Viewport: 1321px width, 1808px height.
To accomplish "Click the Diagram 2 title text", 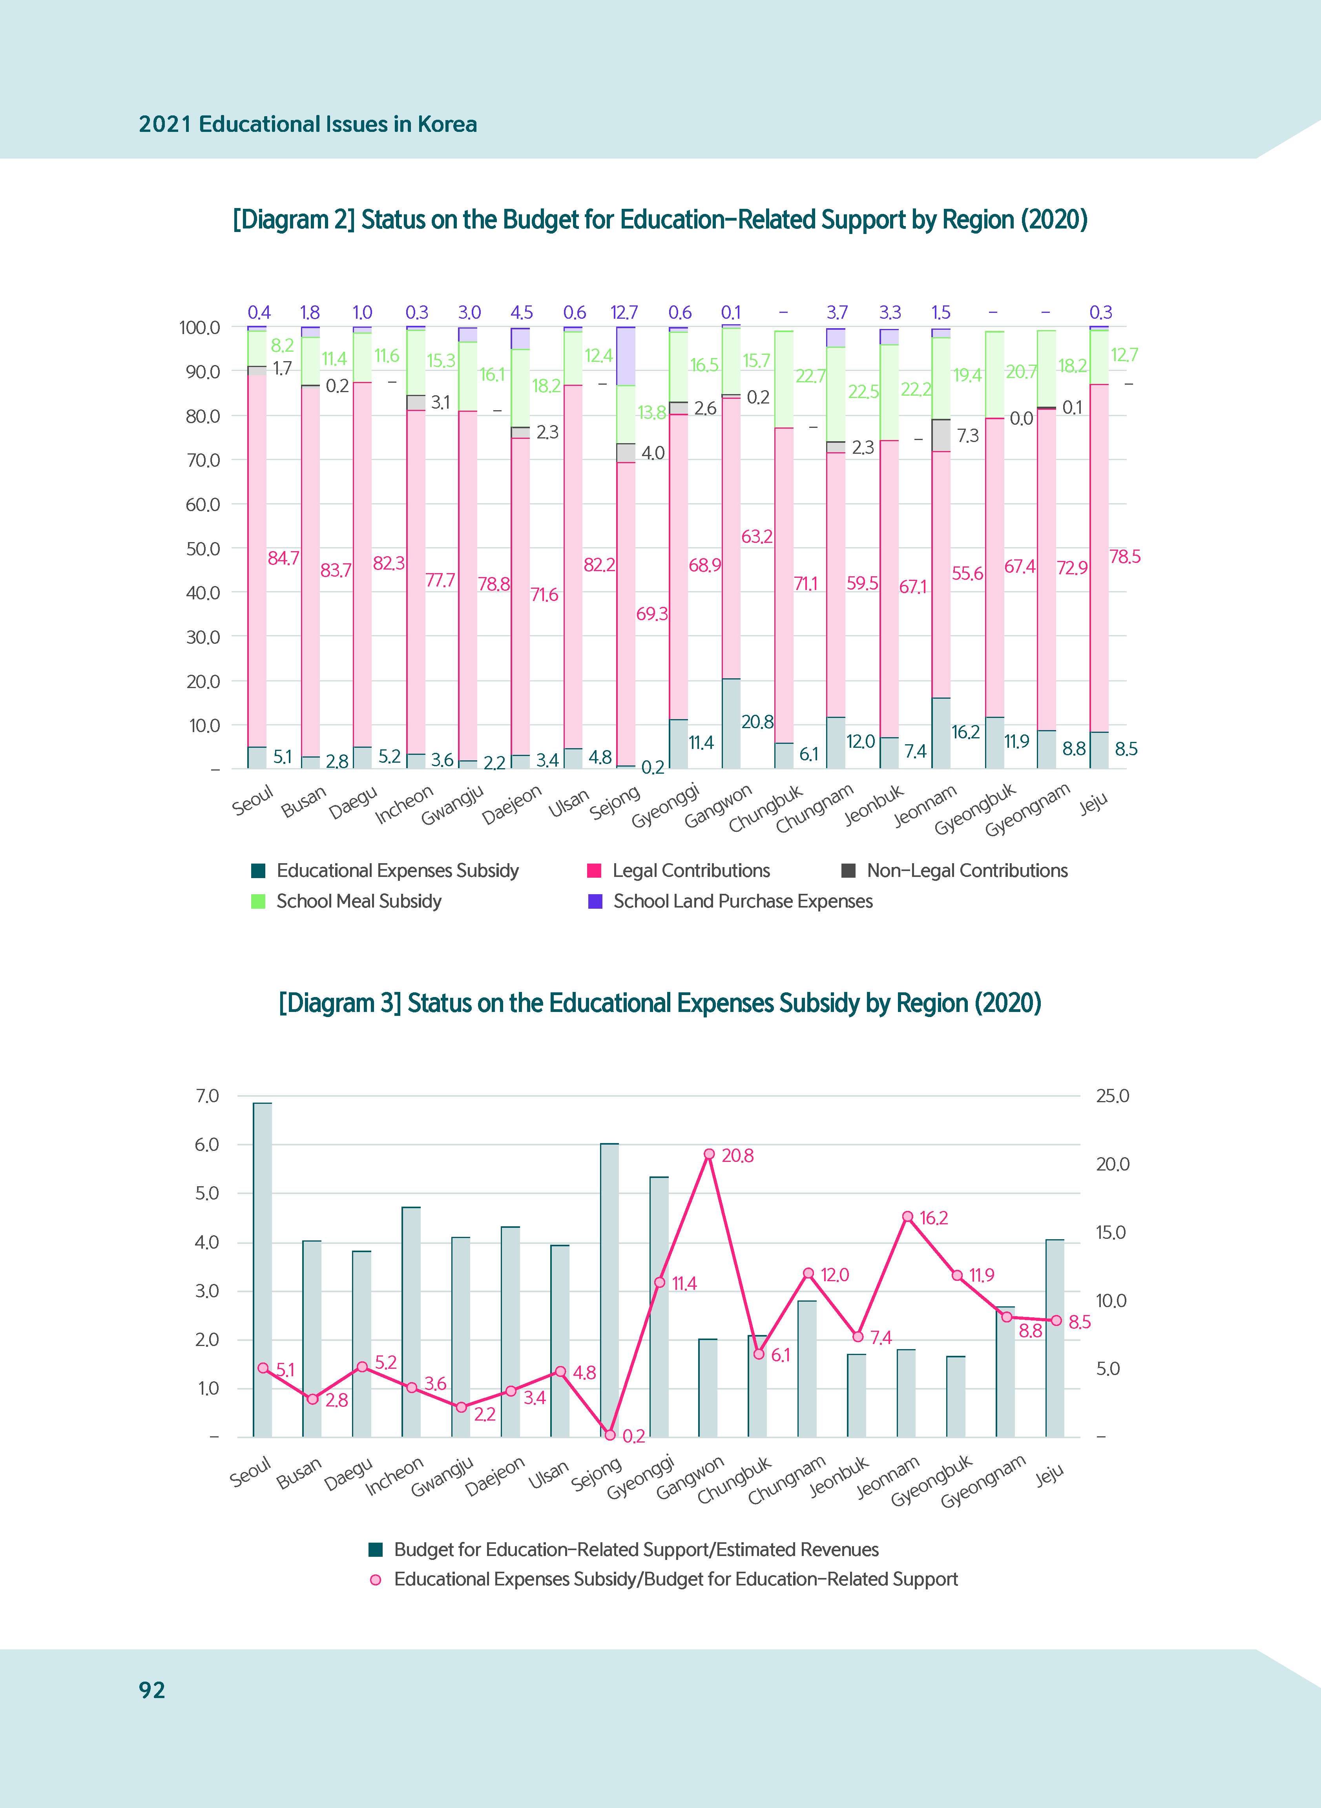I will [660, 220].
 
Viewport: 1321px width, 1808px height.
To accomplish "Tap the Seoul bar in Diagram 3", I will [262, 1271].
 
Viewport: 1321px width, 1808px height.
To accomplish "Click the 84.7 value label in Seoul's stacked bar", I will [283, 558].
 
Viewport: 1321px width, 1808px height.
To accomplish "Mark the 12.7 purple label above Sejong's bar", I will [624, 313].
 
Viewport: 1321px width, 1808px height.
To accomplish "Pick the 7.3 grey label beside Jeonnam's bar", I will [967, 436].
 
